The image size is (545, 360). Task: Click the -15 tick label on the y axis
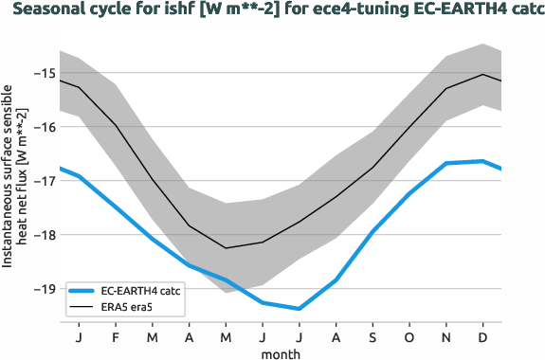tap(45, 73)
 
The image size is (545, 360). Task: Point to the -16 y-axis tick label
tap(45, 127)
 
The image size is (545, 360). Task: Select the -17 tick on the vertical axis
tap(45, 181)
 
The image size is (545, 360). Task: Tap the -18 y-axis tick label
tap(45, 235)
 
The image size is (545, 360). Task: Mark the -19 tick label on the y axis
tap(45, 289)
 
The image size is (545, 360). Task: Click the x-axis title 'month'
tap(281, 352)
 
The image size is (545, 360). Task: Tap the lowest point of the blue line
tap(300, 309)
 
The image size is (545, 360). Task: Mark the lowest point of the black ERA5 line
tap(226, 248)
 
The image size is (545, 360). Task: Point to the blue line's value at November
tap(447, 163)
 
